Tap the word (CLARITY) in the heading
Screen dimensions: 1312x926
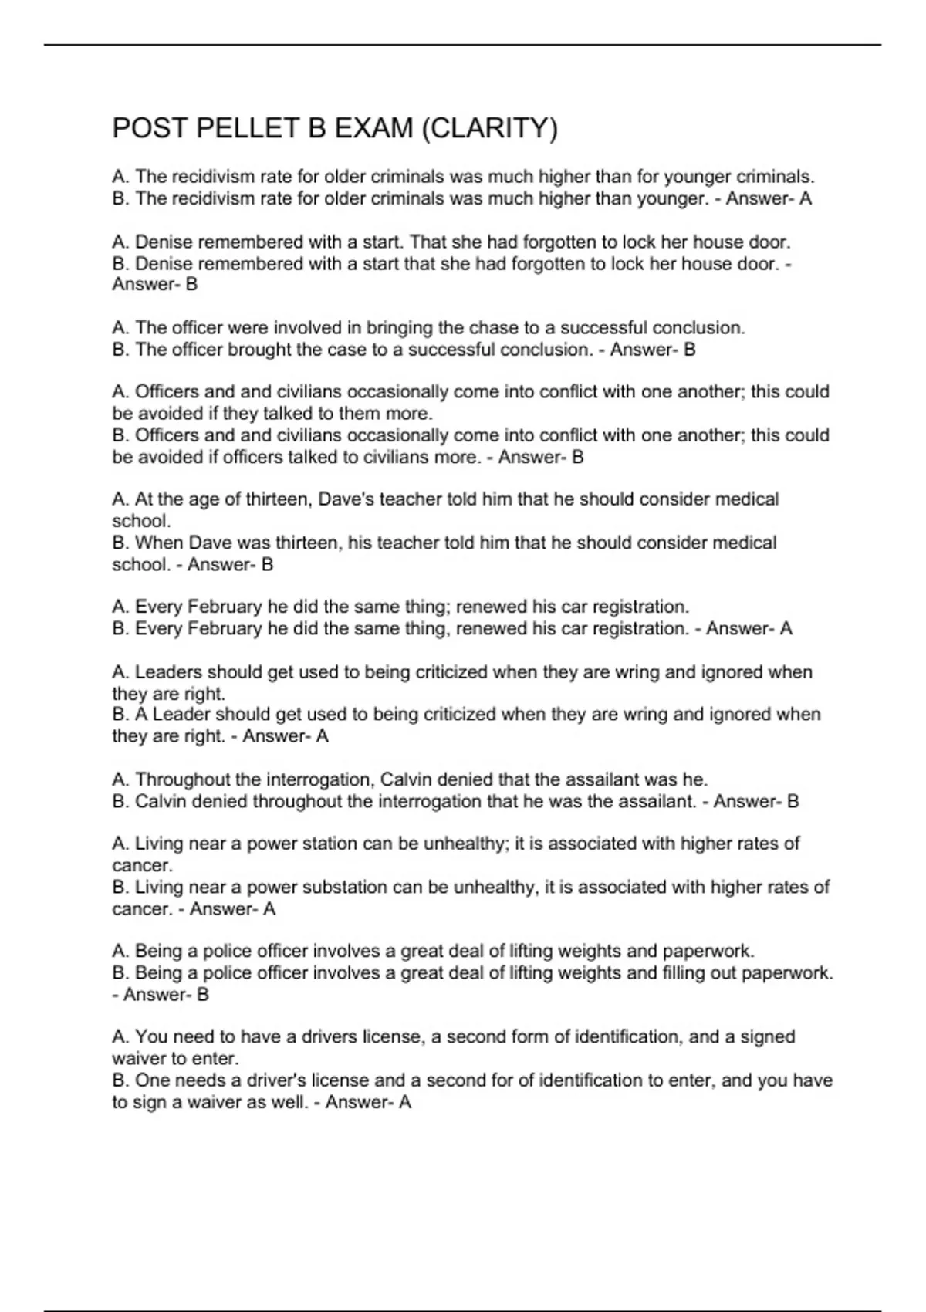coord(489,127)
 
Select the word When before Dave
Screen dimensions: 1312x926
coord(159,543)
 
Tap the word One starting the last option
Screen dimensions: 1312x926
coord(151,1080)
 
